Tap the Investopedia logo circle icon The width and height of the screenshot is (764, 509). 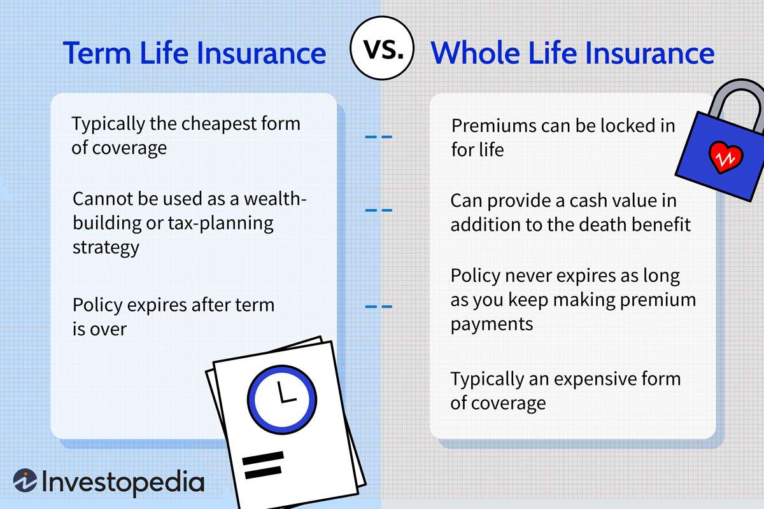25,482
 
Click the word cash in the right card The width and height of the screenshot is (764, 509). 579,200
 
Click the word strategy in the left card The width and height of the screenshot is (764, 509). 106,248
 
